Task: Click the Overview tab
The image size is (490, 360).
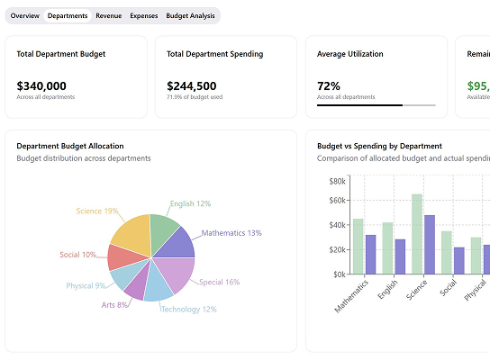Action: tap(24, 16)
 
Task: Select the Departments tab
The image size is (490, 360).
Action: tap(68, 16)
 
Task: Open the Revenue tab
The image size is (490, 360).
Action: tap(109, 16)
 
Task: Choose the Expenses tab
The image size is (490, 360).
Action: tap(144, 16)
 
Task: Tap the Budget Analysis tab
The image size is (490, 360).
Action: tap(191, 16)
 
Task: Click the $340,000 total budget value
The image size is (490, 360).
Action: tap(41, 86)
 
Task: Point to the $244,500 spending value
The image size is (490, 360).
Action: tap(192, 86)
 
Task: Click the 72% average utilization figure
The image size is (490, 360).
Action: tap(329, 86)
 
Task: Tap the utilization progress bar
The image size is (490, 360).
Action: tap(376, 105)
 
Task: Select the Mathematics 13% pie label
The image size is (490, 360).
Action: tap(231, 233)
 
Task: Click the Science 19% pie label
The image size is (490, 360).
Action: tap(97, 211)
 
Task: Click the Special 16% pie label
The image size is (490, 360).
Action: tap(219, 282)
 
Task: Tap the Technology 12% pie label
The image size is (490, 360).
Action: tap(188, 309)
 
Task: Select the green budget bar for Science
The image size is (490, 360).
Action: tap(417, 233)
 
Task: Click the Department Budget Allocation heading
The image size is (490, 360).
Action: tap(70, 146)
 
